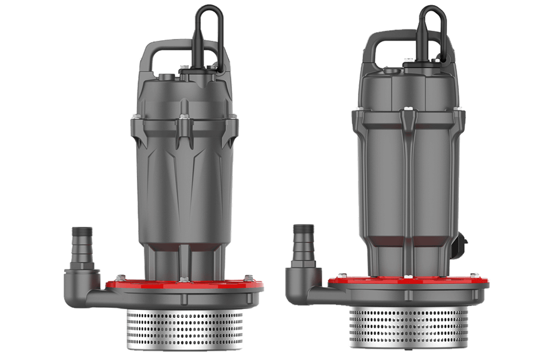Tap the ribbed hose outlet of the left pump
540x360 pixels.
point(82,243)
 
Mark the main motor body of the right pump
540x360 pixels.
point(408,182)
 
